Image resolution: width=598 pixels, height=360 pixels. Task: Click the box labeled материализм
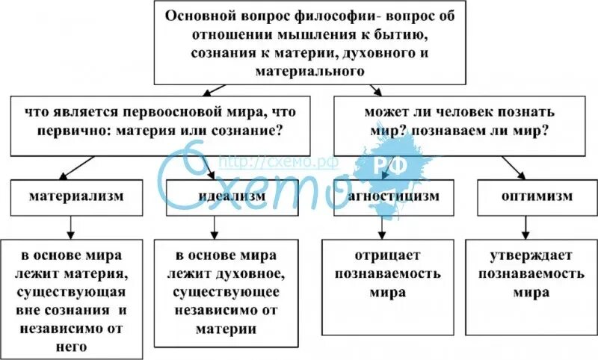click(x=75, y=197)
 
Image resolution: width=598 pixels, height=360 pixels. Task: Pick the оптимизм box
click(x=537, y=197)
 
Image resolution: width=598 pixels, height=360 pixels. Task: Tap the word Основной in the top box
click(x=197, y=16)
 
